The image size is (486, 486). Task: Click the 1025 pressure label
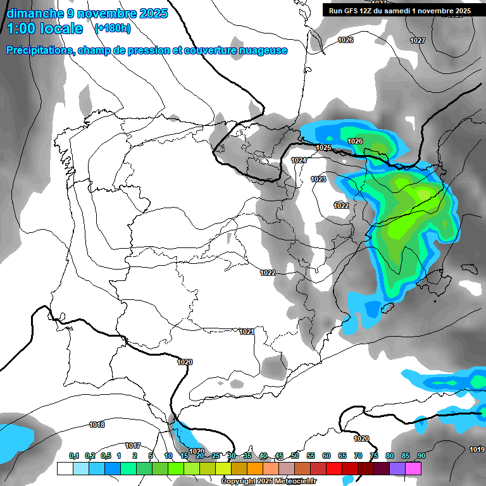[324, 147]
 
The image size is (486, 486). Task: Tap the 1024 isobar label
[299, 161]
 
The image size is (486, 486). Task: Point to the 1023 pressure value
[318, 180]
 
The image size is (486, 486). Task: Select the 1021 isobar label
[247, 332]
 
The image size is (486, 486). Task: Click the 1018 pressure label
[97, 425]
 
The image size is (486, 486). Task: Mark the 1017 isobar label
[133, 445]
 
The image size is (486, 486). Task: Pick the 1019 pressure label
[477, 449]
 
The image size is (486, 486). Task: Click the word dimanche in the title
[35, 13]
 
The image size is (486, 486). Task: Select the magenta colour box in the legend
[413, 468]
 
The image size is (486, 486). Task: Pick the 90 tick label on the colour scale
[421, 456]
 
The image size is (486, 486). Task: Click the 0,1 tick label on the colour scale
[73, 456]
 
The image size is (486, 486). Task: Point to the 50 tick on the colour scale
[295, 456]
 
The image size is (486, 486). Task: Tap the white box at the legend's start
[65, 468]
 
